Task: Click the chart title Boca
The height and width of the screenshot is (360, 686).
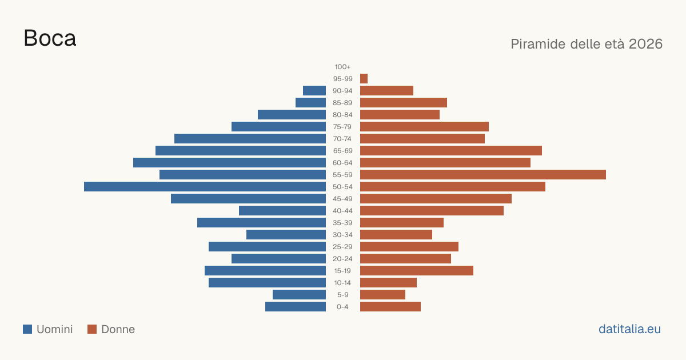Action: click(x=50, y=38)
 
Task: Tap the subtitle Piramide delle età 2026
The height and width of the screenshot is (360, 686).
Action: click(x=587, y=44)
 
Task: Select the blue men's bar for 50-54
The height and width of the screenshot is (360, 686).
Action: click(x=205, y=187)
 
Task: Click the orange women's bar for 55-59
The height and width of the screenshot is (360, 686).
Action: click(x=483, y=175)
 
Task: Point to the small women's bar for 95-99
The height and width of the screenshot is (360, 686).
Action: click(x=364, y=79)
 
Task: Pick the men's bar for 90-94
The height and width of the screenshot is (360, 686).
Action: click(x=314, y=91)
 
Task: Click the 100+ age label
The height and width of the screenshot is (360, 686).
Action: click(x=342, y=67)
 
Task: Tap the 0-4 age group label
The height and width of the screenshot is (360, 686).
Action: click(x=342, y=307)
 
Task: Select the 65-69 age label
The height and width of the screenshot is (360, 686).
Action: click(x=342, y=151)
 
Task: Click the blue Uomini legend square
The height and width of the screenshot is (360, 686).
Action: click(x=27, y=329)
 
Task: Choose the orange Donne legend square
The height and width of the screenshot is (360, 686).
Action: click(x=92, y=329)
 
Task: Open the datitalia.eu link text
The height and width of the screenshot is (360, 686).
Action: click(x=629, y=329)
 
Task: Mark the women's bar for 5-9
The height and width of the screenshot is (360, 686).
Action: click(x=383, y=295)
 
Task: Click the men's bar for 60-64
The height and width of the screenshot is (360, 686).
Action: click(x=229, y=162)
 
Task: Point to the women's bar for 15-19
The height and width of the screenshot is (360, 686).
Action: click(x=417, y=271)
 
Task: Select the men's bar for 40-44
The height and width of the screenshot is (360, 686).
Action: click(x=282, y=211)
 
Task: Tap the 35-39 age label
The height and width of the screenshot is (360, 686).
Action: click(x=342, y=222)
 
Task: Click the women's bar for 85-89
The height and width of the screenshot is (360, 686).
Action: click(x=404, y=102)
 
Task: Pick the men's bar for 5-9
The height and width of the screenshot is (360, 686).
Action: click(x=299, y=295)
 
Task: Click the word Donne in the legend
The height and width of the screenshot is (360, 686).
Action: click(x=118, y=329)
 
